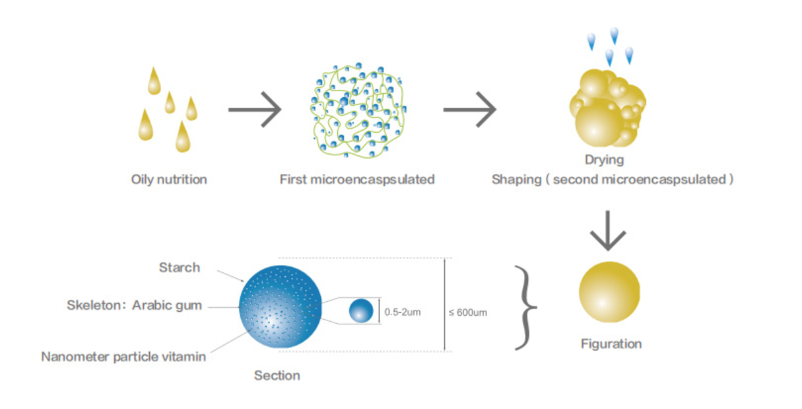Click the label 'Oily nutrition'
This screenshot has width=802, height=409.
click(x=169, y=180)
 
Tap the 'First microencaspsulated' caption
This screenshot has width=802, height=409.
click(x=357, y=180)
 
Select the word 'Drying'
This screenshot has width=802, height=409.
click(x=605, y=160)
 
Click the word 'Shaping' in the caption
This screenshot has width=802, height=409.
click(x=516, y=180)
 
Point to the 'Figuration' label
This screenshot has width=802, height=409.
click(x=611, y=344)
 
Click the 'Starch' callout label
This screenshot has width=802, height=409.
click(x=180, y=268)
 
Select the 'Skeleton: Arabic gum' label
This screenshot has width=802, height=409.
click(x=134, y=305)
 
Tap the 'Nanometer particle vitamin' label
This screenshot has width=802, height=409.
click(x=123, y=357)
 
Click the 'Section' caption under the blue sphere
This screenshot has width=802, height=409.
click(x=277, y=376)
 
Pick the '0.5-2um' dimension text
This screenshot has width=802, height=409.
click(x=403, y=313)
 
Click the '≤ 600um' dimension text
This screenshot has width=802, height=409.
click(x=468, y=313)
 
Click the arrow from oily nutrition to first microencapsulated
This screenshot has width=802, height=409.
click(x=255, y=109)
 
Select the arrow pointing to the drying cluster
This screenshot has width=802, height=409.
click(x=470, y=109)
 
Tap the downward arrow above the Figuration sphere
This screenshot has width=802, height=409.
click(x=608, y=231)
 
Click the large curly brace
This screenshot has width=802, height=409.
click(x=525, y=307)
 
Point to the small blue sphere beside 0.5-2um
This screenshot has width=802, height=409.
click(x=361, y=311)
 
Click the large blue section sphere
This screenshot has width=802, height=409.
click(x=281, y=307)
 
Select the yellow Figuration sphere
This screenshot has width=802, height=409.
click(x=609, y=292)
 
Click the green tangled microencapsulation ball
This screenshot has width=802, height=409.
click(x=358, y=110)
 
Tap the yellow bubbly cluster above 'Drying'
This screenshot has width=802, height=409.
click(x=607, y=108)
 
